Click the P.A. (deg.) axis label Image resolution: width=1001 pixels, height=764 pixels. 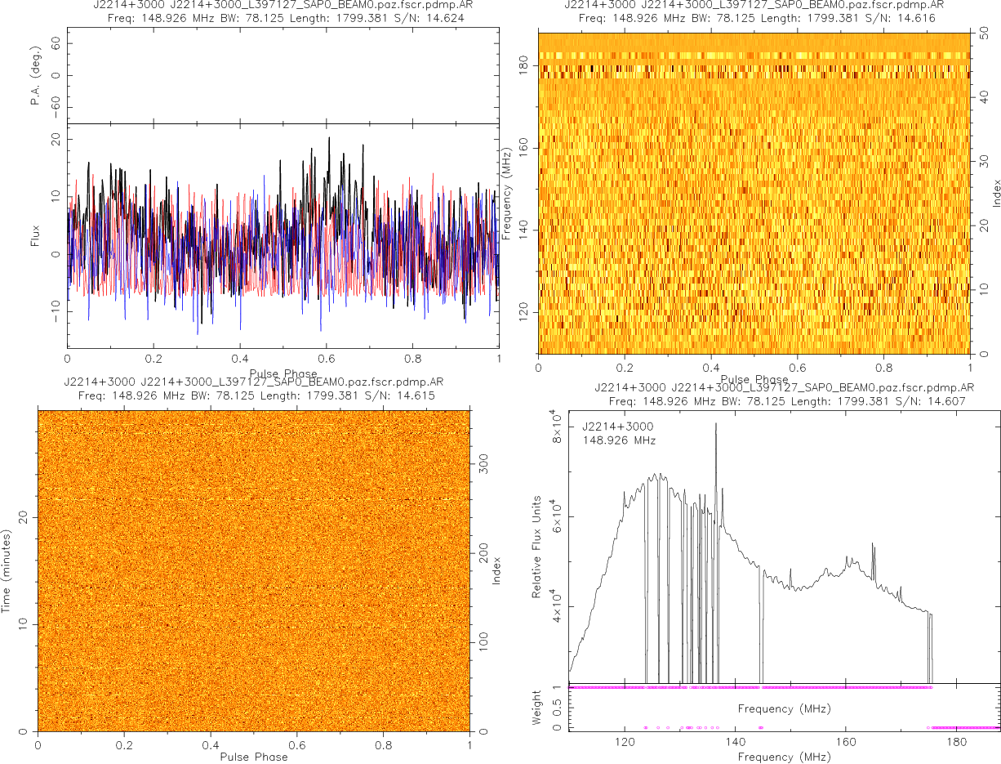tap(36, 76)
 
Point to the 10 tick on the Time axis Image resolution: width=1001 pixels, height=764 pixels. tap(23, 624)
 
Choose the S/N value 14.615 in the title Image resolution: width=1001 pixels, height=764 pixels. tap(413, 396)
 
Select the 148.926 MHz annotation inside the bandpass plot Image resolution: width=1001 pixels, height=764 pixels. tap(619, 441)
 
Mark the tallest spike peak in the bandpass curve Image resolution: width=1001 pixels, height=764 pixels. tap(716, 423)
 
